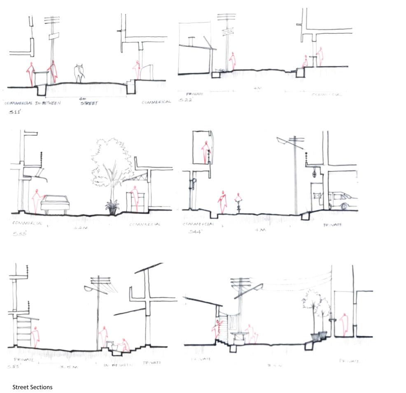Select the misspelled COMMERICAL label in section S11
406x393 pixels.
156,102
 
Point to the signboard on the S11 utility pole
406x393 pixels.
55,37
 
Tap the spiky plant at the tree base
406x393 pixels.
112,206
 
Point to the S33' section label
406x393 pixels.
19,234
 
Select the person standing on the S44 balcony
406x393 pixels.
205,152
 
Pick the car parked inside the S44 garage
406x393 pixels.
342,201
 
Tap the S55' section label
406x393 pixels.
14,366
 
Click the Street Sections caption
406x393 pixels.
33,387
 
